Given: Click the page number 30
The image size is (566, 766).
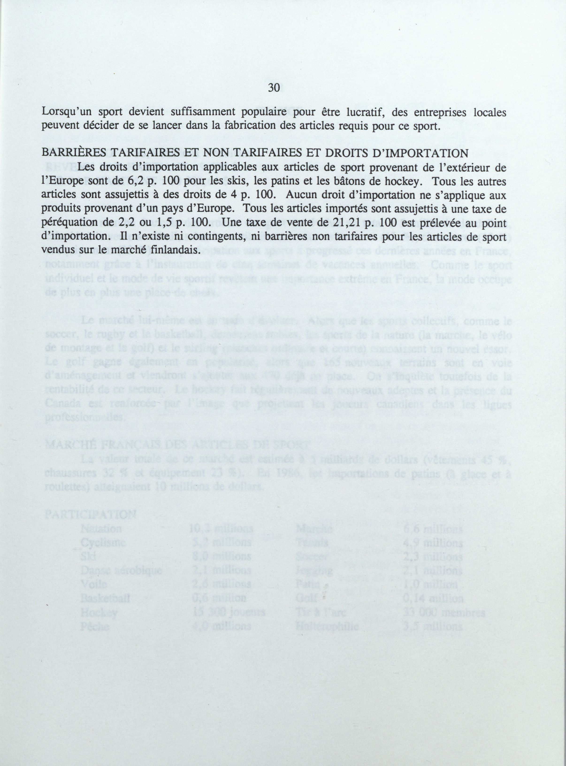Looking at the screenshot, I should click(x=274, y=88).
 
